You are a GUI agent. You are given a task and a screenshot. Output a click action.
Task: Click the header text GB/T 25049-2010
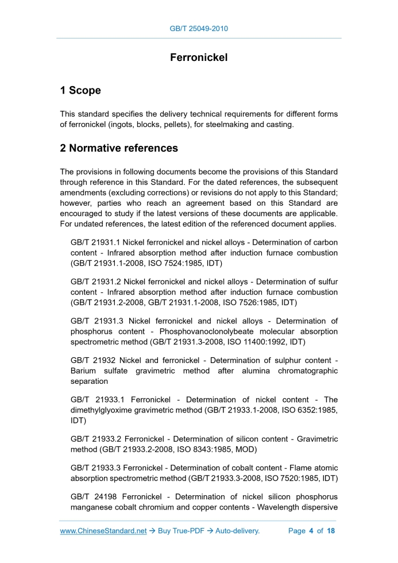pyautogui.click(x=199, y=29)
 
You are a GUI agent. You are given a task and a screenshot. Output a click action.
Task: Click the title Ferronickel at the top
pyautogui.click(x=199, y=57)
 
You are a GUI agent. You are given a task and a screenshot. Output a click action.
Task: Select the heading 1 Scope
pyautogui.click(x=80, y=90)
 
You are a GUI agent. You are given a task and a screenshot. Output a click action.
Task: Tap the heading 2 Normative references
pyautogui.click(x=119, y=148)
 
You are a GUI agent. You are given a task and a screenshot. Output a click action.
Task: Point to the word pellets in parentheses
pyautogui.click(x=174, y=125)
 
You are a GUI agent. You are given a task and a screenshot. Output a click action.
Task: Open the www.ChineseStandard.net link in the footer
pyautogui.click(x=103, y=531)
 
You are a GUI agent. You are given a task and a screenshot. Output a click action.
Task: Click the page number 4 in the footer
pyautogui.click(x=311, y=531)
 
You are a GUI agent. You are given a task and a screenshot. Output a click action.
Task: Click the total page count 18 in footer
pyautogui.click(x=331, y=531)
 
